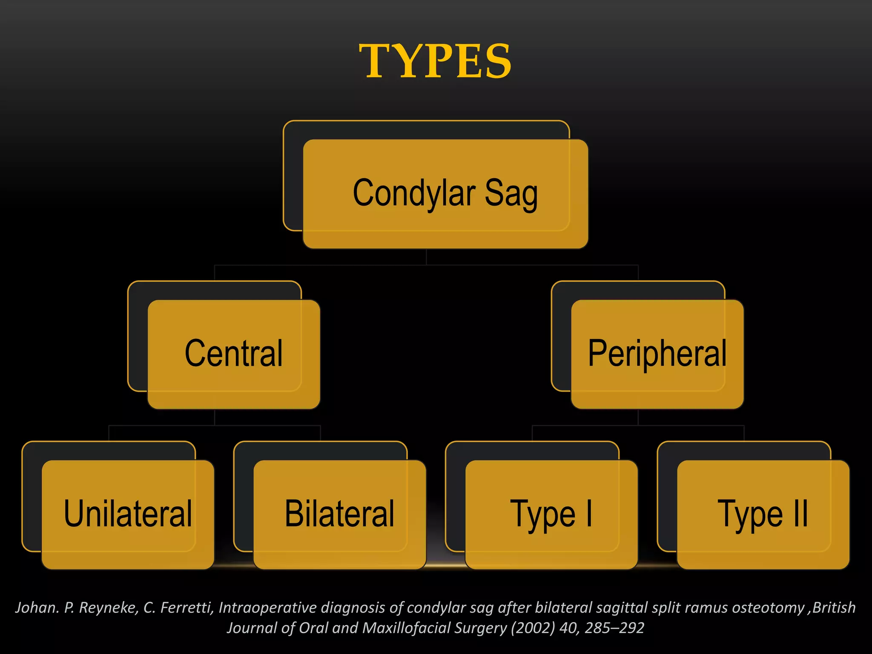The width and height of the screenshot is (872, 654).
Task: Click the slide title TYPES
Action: (435, 61)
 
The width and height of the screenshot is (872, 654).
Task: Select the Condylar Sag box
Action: (445, 194)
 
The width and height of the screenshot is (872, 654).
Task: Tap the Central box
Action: (234, 354)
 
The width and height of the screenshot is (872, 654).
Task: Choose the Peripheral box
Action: (657, 354)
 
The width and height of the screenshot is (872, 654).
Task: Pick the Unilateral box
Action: (128, 514)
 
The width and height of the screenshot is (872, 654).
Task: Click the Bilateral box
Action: (340, 514)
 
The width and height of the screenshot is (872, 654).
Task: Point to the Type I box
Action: (551, 514)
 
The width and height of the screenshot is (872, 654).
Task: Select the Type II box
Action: (763, 514)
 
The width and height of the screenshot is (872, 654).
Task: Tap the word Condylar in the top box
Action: (414, 194)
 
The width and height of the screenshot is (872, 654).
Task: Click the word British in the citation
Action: (834, 608)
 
